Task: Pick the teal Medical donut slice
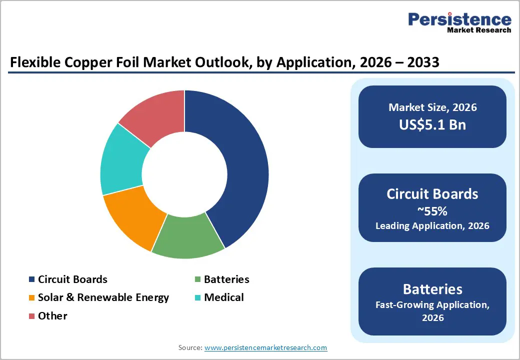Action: pos(122,160)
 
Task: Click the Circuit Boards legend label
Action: pos(72,279)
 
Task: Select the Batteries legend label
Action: pos(226,279)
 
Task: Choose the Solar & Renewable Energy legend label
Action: pos(103,297)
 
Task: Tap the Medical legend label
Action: pos(224,297)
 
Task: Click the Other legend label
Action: pos(52,316)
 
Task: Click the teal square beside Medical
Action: pos(197,298)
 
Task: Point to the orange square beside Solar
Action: pos(32,298)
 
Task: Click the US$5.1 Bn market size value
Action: pos(432,125)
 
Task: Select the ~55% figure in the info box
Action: pos(432,210)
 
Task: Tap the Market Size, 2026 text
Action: pos(432,107)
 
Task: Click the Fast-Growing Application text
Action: pos(432,304)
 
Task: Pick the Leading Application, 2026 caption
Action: pos(432,225)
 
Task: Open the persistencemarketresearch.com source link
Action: pos(265,347)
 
